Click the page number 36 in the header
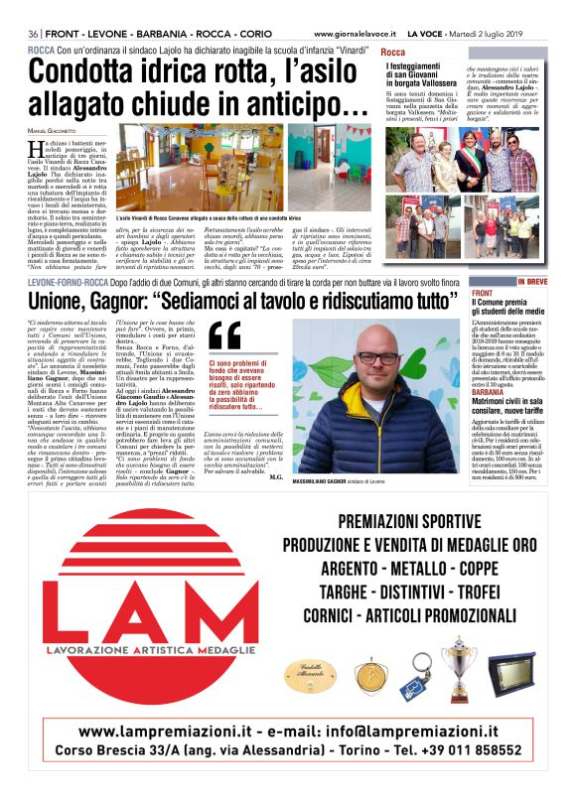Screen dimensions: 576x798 (34, 34)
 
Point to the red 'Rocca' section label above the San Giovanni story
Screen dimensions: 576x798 (393, 52)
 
